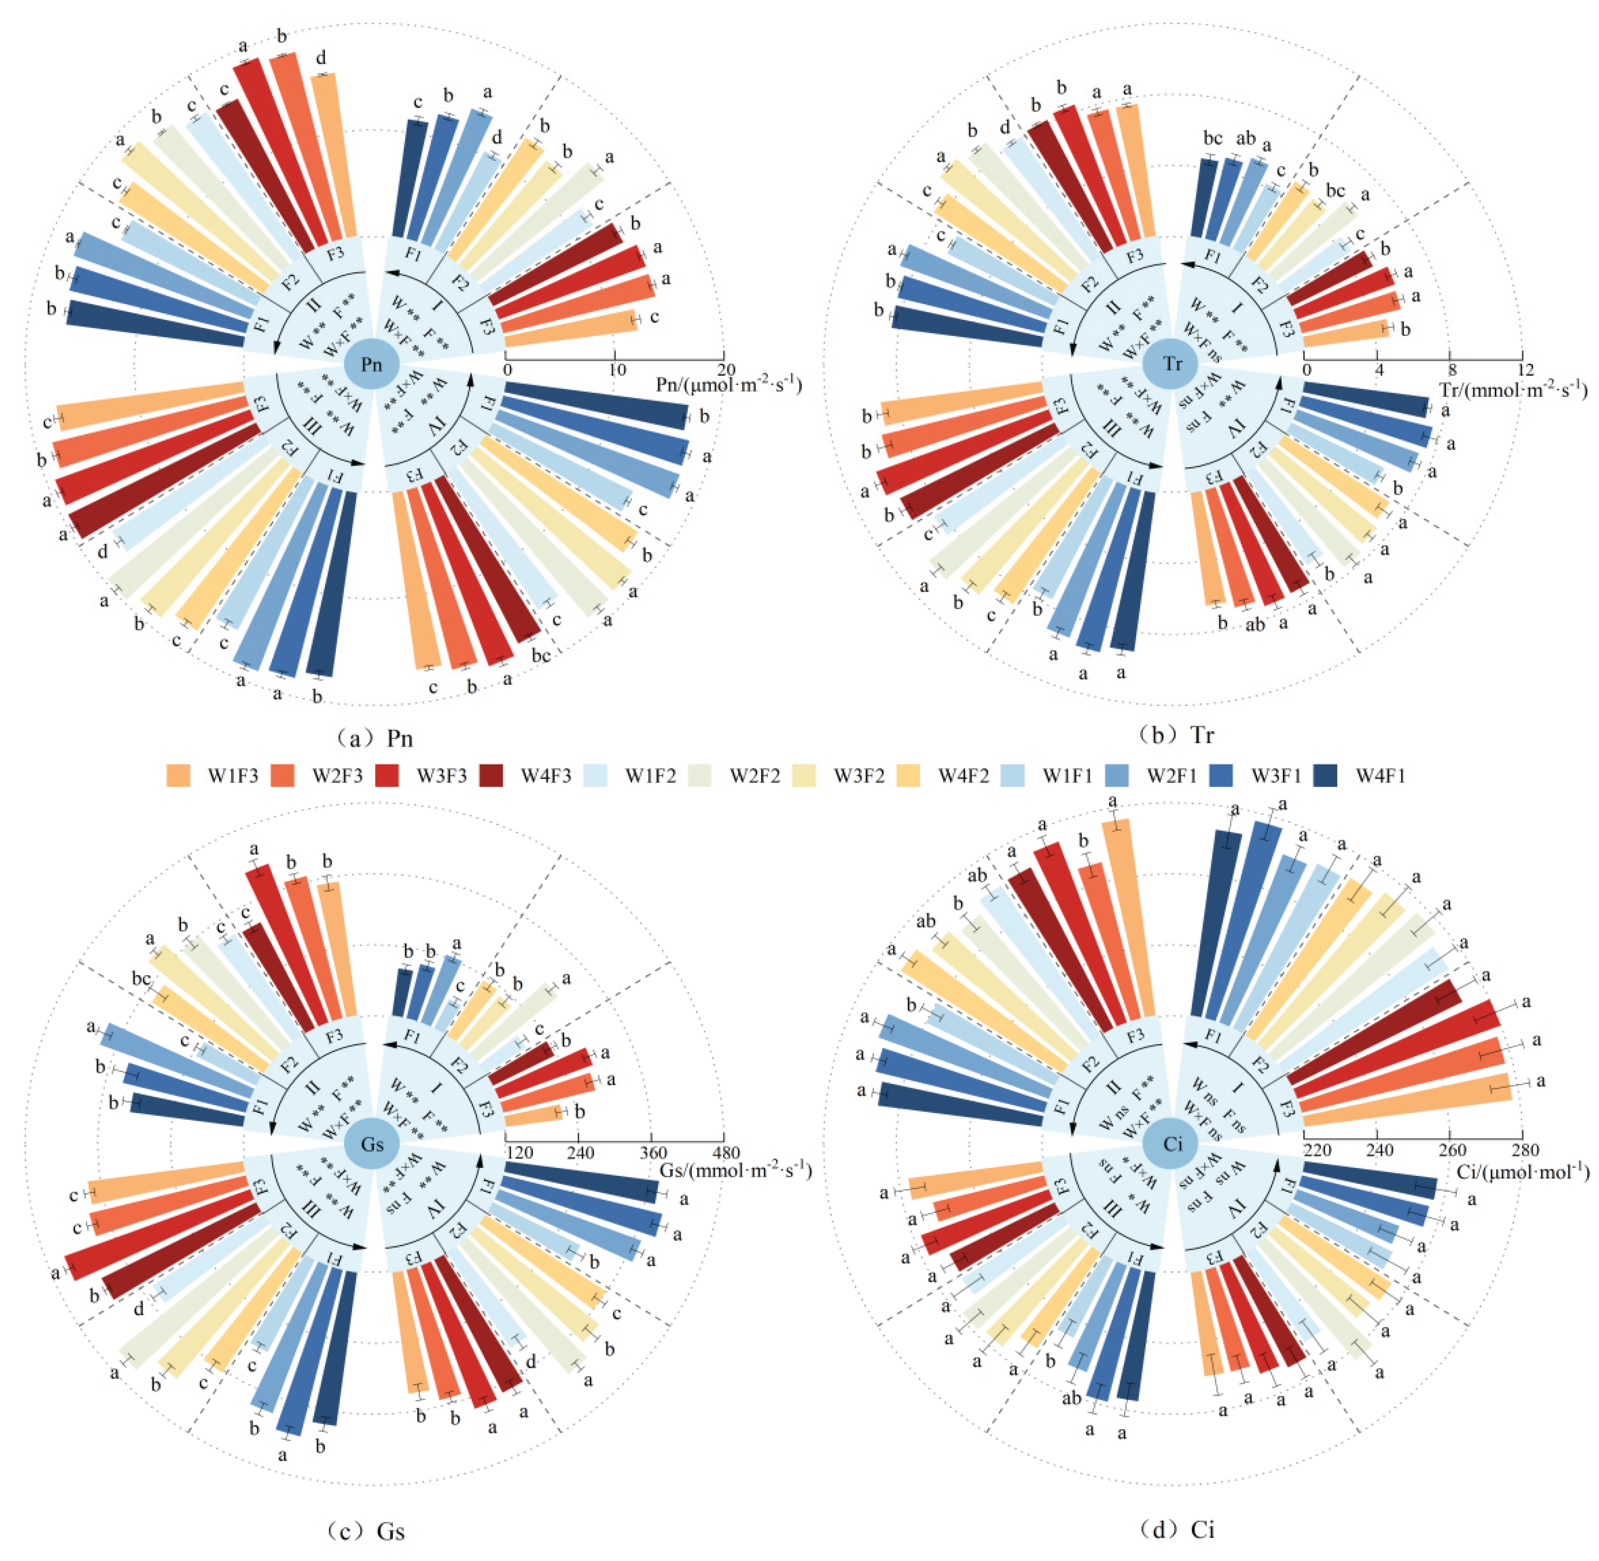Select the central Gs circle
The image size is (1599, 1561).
[371, 1144]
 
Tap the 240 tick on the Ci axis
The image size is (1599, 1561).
[1380, 1151]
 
